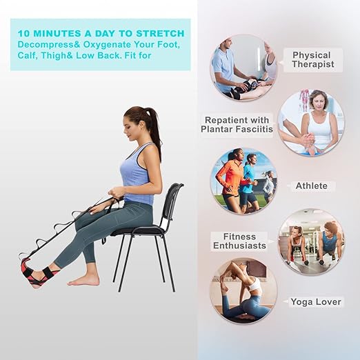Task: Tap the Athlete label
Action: pos(312,186)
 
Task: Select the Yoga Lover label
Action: pos(314,302)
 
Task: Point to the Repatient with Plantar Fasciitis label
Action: pos(236,123)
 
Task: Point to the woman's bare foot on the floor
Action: pos(83,279)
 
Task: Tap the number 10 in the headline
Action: pos(25,33)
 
